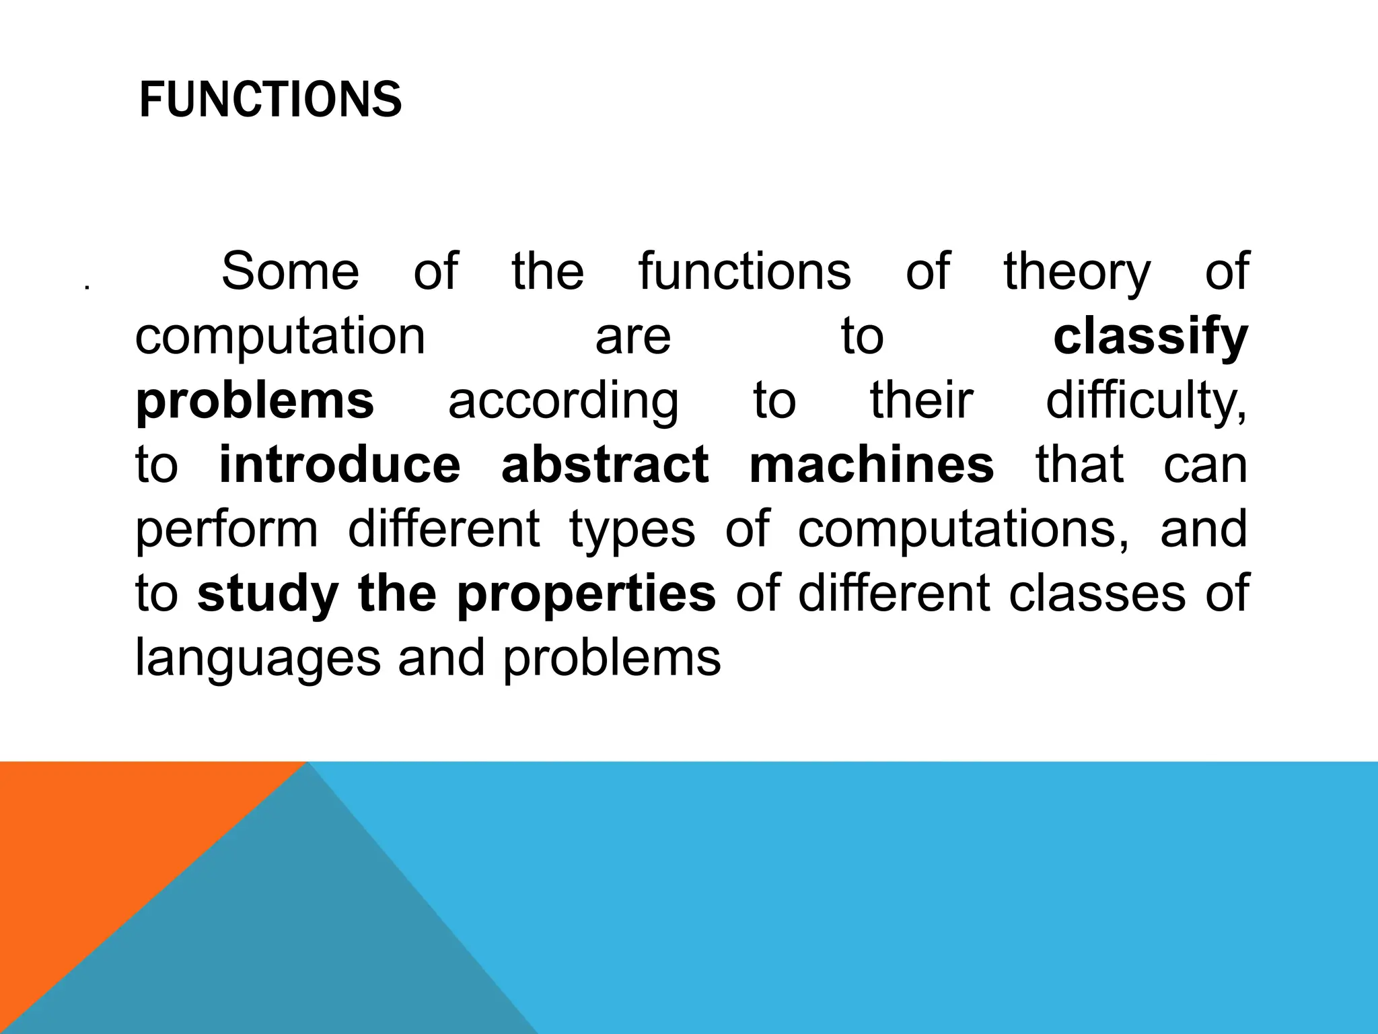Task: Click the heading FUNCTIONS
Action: click(270, 100)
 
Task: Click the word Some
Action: click(290, 271)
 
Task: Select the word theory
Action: click(1077, 272)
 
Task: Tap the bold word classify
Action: click(1150, 337)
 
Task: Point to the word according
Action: click(563, 401)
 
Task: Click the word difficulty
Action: click(1146, 401)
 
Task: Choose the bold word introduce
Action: click(340, 464)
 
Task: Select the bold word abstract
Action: click(605, 464)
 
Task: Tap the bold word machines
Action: click(871, 464)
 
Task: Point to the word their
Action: click(921, 401)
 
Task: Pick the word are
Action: click(633, 337)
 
